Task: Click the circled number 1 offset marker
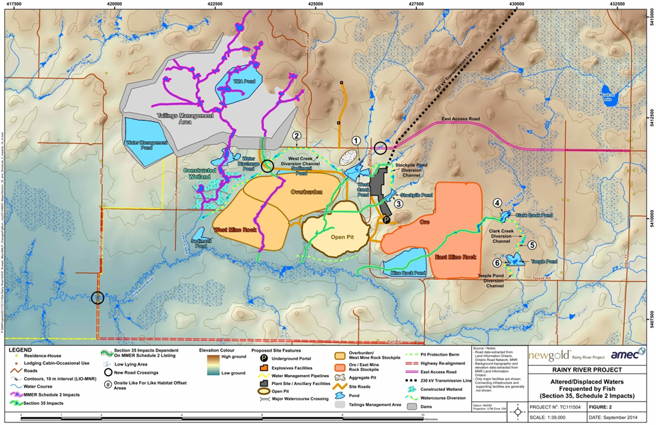(356, 141)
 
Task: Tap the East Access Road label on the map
(460, 121)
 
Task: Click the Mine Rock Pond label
(405, 273)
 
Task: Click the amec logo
(627, 355)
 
